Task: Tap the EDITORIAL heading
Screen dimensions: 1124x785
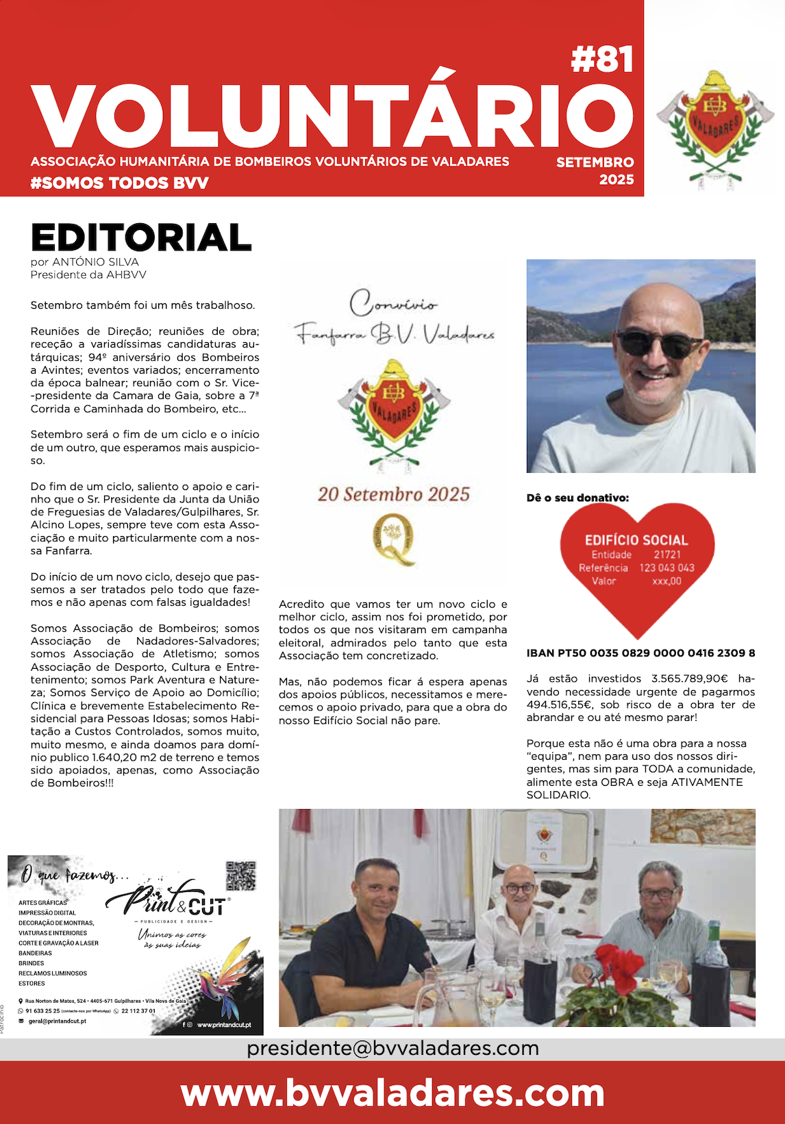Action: click(141, 238)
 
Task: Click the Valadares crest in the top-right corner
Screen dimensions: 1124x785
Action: click(714, 127)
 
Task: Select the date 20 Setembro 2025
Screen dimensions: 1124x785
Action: click(394, 494)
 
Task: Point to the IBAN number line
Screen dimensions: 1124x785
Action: click(640, 653)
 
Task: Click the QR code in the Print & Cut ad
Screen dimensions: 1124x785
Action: click(240, 876)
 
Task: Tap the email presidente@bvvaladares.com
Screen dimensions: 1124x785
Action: click(392, 1048)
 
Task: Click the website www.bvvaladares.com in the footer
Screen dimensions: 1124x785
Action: click(392, 1093)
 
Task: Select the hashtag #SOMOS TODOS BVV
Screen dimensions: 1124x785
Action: click(120, 183)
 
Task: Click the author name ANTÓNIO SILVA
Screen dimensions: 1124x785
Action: click(95, 261)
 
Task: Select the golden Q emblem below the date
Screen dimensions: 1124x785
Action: click(394, 539)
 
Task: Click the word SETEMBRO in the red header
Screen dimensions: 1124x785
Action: click(595, 162)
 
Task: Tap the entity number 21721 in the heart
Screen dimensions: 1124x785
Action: click(666, 554)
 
